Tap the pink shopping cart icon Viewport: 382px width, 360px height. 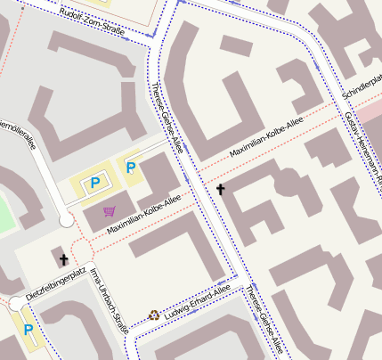coord(110,211)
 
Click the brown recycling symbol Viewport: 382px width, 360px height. coord(154,315)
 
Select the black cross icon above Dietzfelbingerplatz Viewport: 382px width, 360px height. coord(63,259)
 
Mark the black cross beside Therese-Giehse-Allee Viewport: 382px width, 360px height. coord(221,190)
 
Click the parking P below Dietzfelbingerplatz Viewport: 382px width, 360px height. coord(28,330)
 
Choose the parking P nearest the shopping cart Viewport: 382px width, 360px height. coord(95,183)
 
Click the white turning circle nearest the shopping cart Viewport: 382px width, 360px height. coord(66,219)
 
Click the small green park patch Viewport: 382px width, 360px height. coord(6,214)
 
